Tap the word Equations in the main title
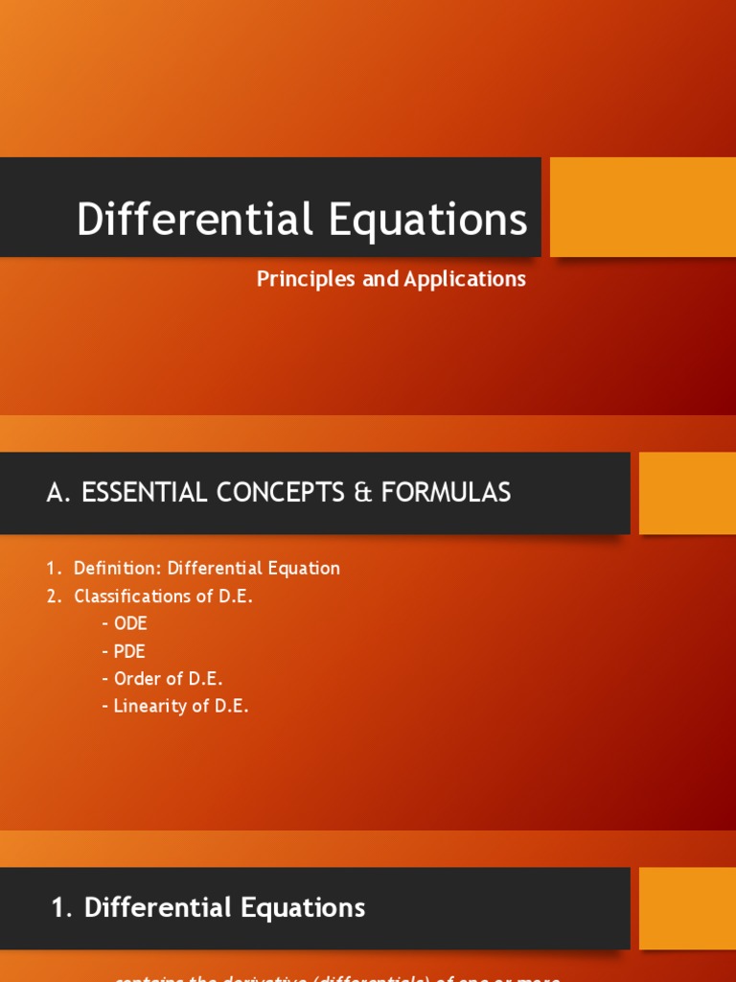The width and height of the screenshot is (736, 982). pos(427,219)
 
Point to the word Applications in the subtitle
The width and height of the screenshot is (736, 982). pos(465,279)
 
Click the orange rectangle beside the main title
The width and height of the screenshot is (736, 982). pos(642,207)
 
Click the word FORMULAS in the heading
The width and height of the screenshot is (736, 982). pos(446,493)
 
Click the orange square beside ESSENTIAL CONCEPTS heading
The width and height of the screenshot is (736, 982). pos(686,493)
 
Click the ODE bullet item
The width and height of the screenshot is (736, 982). pos(130,623)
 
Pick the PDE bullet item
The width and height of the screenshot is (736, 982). pos(129,651)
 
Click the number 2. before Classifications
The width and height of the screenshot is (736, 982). pos(54,596)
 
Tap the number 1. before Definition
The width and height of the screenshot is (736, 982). pos(54,569)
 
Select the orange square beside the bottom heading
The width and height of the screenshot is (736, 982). pos(686,908)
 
